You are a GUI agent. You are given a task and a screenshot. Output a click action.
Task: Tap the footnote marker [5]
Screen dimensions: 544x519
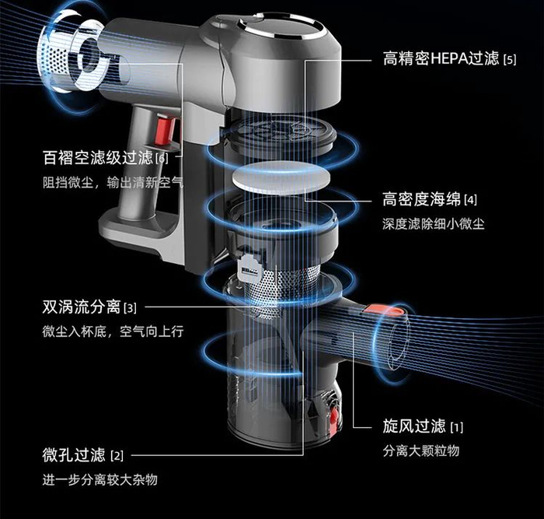tap(510, 59)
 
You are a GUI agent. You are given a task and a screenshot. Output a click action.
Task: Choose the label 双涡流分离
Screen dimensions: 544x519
tap(81, 307)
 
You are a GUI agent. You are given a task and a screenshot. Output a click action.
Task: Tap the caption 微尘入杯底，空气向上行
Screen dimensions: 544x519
tap(112, 332)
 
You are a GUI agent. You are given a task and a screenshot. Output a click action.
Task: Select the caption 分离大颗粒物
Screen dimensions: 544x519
tap(421, 451)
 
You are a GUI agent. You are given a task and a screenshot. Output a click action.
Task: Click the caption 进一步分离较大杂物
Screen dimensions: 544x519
tap(99, 479)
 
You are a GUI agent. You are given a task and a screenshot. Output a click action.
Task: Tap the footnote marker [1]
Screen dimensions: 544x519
tap(457, 427)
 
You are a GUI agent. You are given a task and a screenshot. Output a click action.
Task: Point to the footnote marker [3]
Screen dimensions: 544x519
tap(130, 308)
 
